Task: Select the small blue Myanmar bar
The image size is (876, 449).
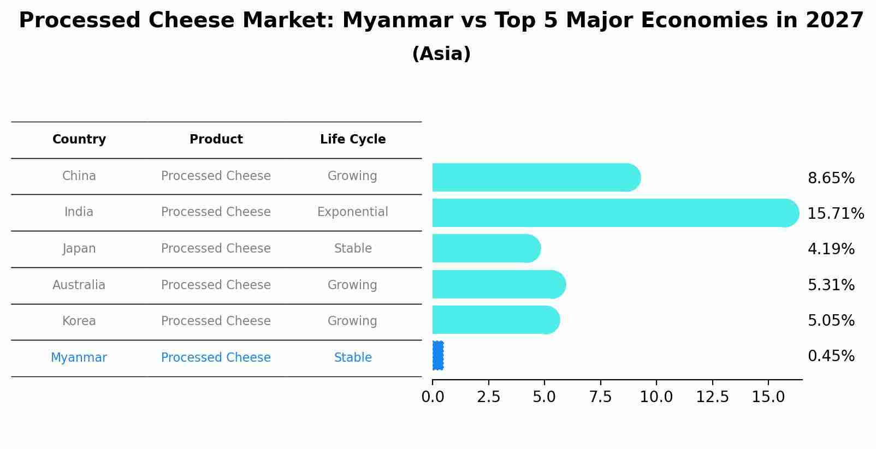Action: click(438, 356)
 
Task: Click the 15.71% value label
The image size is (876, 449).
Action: click(836, 213)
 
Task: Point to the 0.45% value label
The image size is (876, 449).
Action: click(831, 356)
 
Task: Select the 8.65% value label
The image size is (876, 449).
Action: click(831, 178)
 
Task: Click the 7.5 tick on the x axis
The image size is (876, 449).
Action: click(600, 397)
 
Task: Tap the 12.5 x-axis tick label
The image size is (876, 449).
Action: click(712, 397)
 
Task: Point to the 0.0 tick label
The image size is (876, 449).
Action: click(433, 397)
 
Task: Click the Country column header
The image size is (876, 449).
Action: click(79, 140)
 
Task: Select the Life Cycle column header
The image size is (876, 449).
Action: click(353, 140)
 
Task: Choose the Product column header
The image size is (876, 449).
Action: click(216, 140)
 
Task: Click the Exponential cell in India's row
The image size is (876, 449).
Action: click(353, 212)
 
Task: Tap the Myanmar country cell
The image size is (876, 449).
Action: click(79, 357)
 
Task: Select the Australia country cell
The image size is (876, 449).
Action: click(79, 285)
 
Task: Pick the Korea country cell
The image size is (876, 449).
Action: click(79, 321)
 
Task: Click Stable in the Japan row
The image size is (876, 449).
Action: click(353, 248)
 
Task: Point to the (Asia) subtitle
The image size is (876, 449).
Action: click(441, 54)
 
